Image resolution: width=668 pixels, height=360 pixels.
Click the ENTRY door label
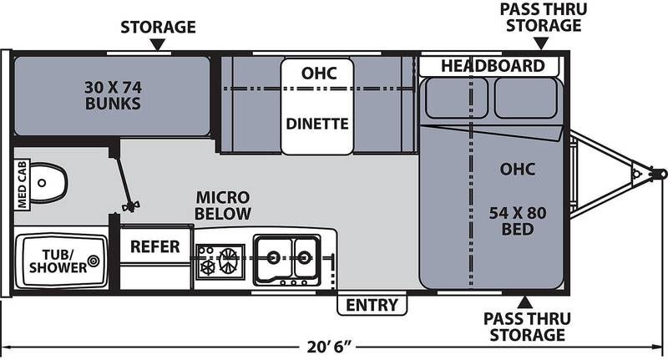[372, 305]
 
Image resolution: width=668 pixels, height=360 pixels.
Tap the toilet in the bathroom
[48, 183]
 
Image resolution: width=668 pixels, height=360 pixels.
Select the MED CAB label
[22, 185]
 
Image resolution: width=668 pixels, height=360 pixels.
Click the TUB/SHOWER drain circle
[94, 261]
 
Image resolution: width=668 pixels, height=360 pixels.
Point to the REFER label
[155, 246]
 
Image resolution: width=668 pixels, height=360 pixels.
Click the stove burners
[220, 261]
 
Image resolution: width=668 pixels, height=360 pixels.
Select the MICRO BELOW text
[223, 205]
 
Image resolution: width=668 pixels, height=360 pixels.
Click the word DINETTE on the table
[317, 124]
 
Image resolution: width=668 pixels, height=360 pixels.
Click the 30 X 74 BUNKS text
[113, 95]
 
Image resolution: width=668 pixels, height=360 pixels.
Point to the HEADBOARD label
[493, 66]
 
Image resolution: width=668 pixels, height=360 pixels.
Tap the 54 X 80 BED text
[518, 221]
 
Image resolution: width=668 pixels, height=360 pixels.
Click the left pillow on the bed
[456, 98]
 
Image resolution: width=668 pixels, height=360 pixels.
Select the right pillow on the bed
[526, 98]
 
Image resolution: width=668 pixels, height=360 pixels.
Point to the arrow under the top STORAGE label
[158, 44]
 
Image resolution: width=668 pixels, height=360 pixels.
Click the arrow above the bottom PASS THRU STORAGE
[525, 302]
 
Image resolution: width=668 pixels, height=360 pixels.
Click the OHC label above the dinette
[319, 74]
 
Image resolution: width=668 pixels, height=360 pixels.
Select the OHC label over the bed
[517, 169]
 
